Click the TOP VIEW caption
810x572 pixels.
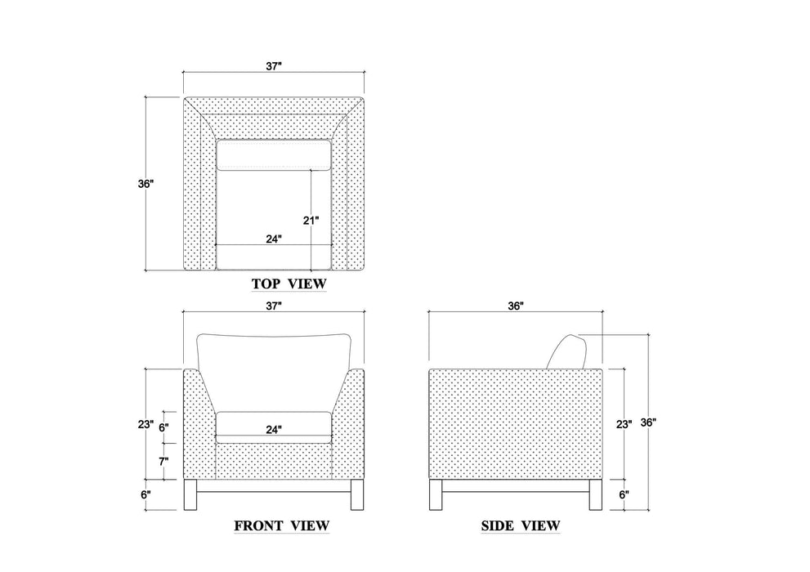tap(289, 284)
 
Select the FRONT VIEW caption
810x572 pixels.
tap(281, 525)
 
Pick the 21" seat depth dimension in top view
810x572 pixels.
tap(311, 220)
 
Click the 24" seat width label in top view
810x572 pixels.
tap(274, 239)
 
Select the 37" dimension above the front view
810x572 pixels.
tap(274, 306)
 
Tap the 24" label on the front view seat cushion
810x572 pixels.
tap(274, 429)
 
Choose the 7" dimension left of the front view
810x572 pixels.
tap(163, 461)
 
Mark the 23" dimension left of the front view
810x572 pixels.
tap(145, 424)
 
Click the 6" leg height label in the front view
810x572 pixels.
tap(145, 494)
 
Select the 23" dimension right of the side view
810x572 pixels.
tap(623, 424)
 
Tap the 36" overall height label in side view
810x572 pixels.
tap(649, 422)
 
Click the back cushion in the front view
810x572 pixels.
tap(274, 360)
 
